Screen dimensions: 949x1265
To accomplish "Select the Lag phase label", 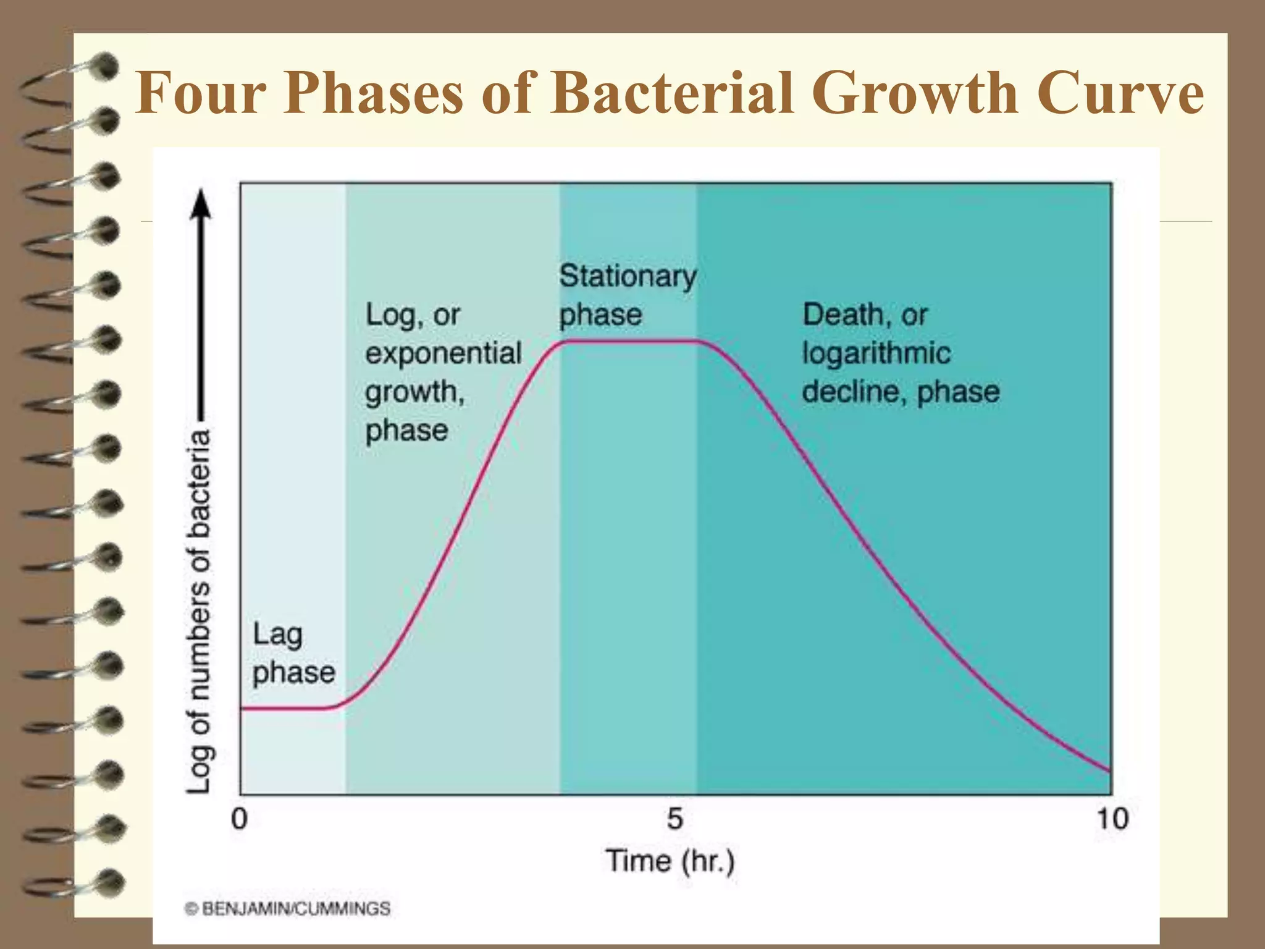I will tap(293, 654).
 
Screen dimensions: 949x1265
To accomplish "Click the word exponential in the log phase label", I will tap(443, 354).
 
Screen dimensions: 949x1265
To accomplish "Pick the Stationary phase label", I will tap(626, 295).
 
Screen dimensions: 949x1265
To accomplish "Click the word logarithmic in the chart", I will tap(875, 354).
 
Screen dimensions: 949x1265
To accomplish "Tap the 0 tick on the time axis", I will tap(240, 819).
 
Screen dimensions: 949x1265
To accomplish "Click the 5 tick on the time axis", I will tap(675, 819).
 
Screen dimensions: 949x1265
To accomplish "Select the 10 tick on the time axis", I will tap(1112, 819).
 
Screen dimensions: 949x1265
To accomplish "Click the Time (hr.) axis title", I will tap(670, 861).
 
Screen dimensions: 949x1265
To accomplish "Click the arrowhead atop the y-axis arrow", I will tap(200, 204).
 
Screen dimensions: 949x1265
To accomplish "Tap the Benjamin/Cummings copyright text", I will tap(288, 909).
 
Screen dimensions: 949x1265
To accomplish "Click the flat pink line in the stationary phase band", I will tap(627, 340).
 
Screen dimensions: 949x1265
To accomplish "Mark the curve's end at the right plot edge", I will tap(1109, 770).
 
